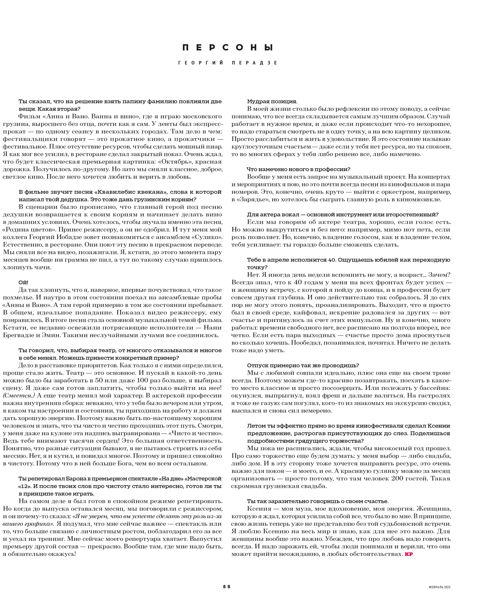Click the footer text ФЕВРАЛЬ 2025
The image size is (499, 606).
coord(439,587)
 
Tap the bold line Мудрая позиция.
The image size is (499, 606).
coord(272,102)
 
